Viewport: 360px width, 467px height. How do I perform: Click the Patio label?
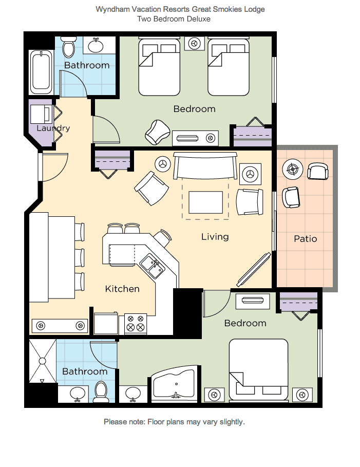coord(305,238)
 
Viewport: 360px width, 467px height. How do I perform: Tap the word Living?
coord(215,237)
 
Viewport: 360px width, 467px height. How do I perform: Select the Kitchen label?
coord(122,289)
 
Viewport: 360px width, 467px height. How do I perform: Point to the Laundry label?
coord(53,128)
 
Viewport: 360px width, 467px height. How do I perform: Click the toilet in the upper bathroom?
coord(68,47)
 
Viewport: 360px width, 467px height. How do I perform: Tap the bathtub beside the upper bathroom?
coord(41,72)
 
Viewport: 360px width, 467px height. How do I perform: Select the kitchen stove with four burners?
coord(136,324)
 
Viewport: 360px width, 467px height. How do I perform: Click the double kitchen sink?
coord(153,266)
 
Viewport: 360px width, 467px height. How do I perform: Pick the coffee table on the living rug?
coord(206,202)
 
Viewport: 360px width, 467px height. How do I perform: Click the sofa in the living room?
coord(205,165)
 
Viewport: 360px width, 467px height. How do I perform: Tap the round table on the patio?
coord(293,169)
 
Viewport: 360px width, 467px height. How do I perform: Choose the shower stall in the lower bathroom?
coord(43,361)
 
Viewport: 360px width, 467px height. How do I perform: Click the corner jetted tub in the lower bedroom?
coord(175,384)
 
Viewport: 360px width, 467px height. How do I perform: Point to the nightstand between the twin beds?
coord(195,44)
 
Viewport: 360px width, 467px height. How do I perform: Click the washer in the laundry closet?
coord(41,114)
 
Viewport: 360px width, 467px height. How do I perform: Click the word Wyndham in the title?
coord(113,9)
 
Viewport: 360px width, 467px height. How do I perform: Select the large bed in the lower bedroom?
coord(258,369)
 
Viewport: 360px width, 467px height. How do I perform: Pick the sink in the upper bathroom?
coord(96,45)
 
